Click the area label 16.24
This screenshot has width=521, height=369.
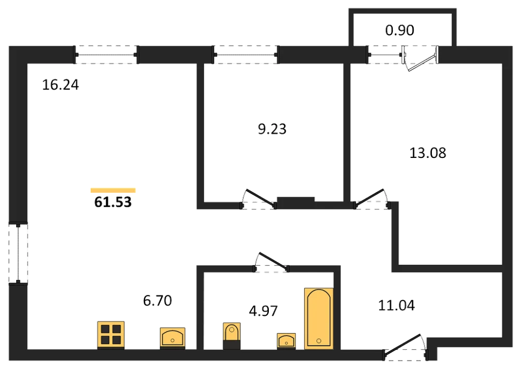(x=60, y=85)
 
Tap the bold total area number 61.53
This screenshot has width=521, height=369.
(x=113, y=202)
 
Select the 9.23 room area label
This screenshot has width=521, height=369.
(x=272, y=129)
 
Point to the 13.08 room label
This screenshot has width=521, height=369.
(x=428, y=153)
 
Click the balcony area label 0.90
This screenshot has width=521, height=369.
(x=400, y=30)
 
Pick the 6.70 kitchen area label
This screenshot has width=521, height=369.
(x=157, y=301)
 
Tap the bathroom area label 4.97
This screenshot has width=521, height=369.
(x=263, y=311)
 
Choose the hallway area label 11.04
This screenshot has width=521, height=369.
(x=396, y=305)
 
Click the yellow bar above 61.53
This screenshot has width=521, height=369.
(x=113, y=190)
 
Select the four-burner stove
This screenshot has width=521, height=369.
(x=111, y=335)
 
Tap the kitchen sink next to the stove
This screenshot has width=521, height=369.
(x=172, y=338)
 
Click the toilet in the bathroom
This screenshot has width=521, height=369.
(x=232, y=336)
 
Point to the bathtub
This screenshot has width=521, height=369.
(x=319, y=318)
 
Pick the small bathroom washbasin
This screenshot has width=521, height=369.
(x=286, y=341)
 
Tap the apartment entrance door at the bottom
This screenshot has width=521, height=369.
(x=405, y=348)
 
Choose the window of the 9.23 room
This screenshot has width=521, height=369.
(x=245, y=55)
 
